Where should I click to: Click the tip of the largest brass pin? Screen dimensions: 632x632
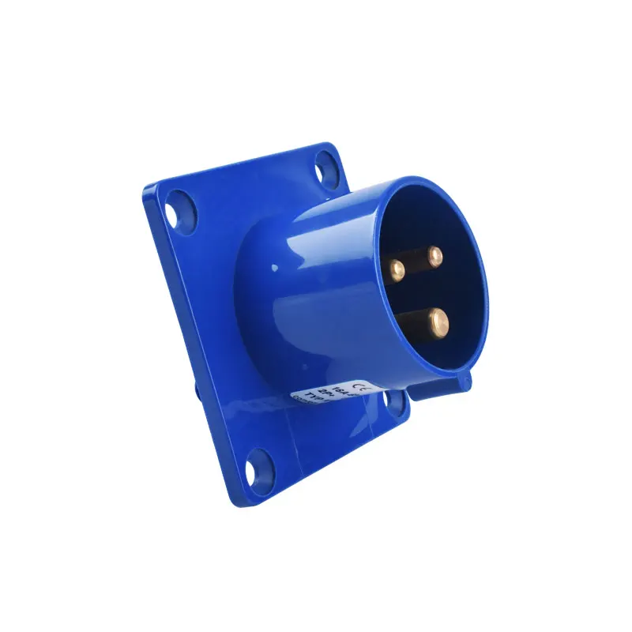click(x=436, y=320)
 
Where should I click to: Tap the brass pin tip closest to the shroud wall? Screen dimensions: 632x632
click(x=397, y=269)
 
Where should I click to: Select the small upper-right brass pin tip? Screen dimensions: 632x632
click(x=434, y=255)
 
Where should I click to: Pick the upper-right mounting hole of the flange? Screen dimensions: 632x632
click(x=325, y=168)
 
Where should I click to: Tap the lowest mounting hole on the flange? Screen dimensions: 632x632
click(x=259, y=468)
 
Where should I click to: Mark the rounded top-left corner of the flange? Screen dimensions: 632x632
click(x=150, y=190)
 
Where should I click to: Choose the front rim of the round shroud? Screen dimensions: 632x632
click(x=474, y=237)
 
